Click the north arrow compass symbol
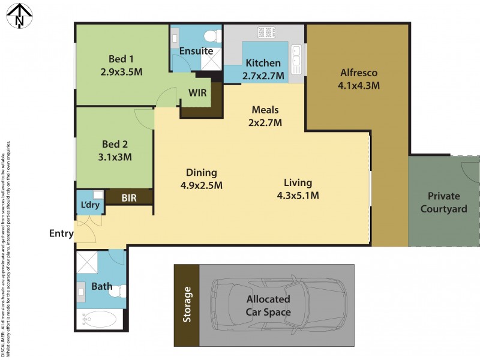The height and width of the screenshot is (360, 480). [19, 15]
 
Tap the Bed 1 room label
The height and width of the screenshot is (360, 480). [121, 59]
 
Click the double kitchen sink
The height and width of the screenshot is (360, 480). [296, 59]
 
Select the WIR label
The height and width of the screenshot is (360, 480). [198, 94]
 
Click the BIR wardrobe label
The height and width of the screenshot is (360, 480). [129, 197]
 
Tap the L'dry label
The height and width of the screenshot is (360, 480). [90, 205]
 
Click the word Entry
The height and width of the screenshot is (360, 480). [61, 233]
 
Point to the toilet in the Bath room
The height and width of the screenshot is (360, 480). [120, 291]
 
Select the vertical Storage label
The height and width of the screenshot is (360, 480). [187, 305]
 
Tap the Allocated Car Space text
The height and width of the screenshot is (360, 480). [268, 305]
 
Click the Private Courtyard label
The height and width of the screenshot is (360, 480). [443, 202]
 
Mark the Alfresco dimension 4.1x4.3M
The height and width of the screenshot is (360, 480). [359, 85]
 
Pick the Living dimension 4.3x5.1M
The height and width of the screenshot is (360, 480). [298, 195]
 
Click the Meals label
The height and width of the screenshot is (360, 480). [265, 110]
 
